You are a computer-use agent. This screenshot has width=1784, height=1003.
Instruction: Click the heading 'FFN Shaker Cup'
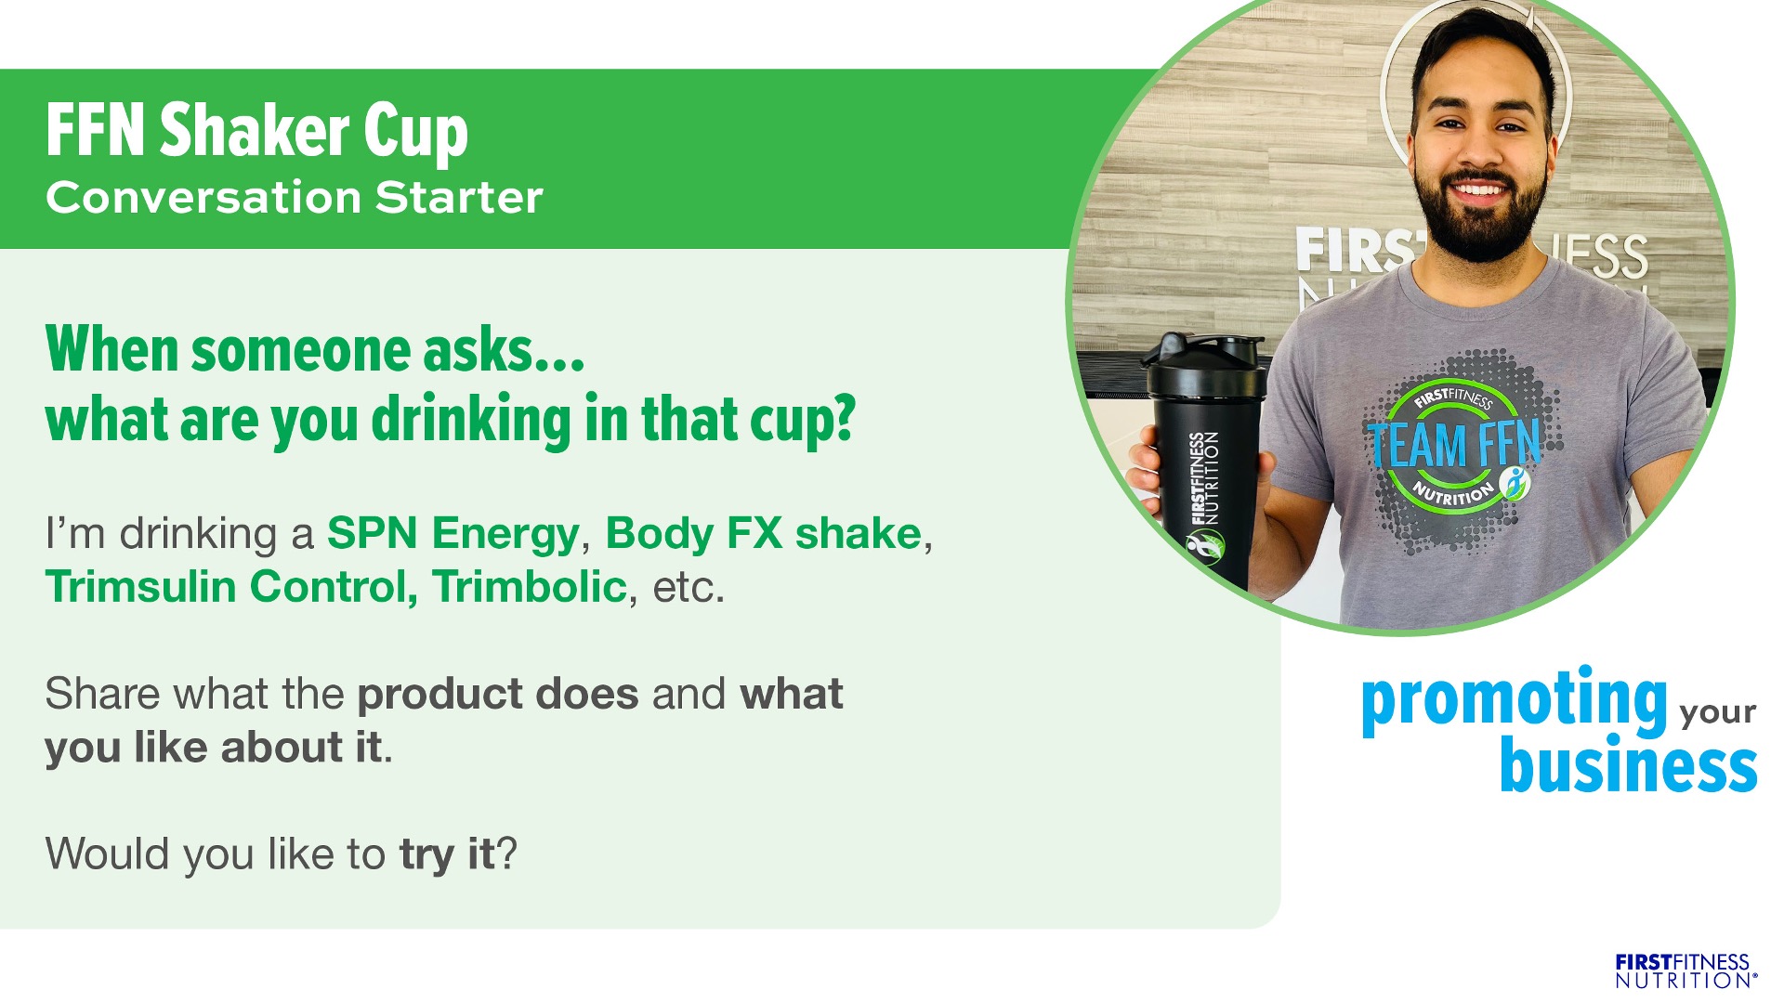256,131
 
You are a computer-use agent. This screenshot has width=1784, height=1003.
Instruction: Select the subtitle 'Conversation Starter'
294,198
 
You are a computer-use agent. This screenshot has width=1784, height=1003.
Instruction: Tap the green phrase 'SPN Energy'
453,533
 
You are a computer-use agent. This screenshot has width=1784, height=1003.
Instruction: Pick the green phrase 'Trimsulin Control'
231,587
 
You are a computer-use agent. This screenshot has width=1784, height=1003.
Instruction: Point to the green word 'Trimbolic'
530,587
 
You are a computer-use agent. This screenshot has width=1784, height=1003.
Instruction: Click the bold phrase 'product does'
498,695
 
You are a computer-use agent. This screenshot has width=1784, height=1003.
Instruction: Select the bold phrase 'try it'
448,854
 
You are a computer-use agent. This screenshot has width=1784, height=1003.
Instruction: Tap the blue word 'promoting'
1515,701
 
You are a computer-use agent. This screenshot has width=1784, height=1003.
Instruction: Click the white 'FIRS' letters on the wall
1356,251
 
